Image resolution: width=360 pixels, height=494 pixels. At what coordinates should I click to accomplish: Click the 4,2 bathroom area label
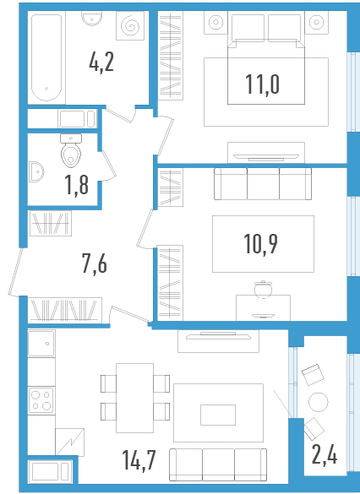(101, 63)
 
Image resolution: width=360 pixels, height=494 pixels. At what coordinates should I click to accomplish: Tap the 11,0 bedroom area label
(262, 84)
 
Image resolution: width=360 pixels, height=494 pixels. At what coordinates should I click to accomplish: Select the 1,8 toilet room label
(77, 185)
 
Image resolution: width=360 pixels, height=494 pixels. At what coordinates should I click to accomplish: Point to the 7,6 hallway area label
(95, 263)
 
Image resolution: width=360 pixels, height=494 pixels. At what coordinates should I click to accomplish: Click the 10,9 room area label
(260, 243)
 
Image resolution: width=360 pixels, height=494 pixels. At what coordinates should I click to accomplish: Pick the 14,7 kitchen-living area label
(139, 460)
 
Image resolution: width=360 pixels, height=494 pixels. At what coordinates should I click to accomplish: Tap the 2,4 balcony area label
(325, 454)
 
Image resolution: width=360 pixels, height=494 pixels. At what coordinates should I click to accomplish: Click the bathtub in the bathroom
(46, 57)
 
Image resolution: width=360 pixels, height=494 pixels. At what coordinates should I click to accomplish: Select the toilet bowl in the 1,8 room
(71, 150)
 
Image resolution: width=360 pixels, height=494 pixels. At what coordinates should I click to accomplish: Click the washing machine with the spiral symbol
(130, 26)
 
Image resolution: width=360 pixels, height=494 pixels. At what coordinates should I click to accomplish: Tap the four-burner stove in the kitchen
(41, 400)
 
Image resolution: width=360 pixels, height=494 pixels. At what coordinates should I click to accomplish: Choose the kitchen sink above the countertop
(41, 343)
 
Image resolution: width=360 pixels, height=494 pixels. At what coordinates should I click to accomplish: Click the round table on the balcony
(319, 402)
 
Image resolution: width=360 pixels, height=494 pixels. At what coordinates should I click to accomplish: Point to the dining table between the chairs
(135, 398)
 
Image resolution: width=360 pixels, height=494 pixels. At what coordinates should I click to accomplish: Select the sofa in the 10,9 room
(263, 184)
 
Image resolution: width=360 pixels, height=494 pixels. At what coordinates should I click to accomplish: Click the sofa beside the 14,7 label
(218, 464)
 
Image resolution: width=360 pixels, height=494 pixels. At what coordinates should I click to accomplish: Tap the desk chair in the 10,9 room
(263, 289)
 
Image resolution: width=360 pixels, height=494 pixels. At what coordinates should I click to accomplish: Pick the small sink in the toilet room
(36, 171)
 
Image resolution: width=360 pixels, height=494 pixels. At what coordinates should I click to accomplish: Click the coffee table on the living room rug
(218, 415)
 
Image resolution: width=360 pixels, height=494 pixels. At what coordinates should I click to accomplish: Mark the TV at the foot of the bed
(266, 156)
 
